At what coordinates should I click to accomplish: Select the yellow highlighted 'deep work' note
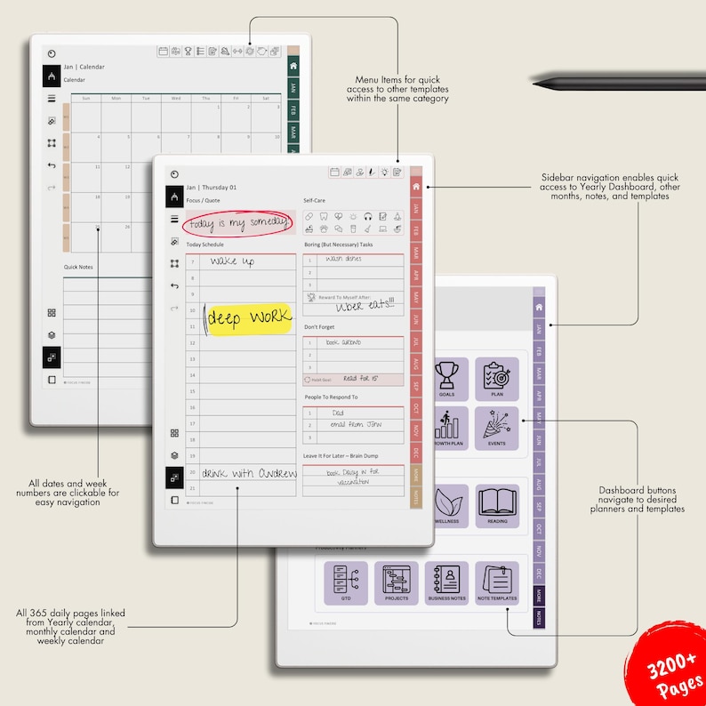click(x=248, y=317)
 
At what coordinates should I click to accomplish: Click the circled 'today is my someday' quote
click(x=237, y=222)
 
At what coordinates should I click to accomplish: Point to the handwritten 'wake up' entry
click(x=234, y=261)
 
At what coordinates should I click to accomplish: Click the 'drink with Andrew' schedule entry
click(x=248, y=473)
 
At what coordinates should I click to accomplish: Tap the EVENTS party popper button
click(x=497, y=429)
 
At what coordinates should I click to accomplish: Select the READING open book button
click(x=497, y=506)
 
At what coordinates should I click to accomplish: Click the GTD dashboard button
click(x=346, y=582)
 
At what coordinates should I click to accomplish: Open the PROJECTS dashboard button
click(x=397, y=582)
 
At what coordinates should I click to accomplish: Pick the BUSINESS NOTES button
click(x=446, y=582)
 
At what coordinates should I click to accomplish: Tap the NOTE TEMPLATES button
click(x=497, y=582)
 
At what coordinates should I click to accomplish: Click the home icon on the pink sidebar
click(x=415, y=187)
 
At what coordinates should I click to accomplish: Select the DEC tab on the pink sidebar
click(x=415, y=453)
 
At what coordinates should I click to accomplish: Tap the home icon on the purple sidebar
click(x=538, y=307)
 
